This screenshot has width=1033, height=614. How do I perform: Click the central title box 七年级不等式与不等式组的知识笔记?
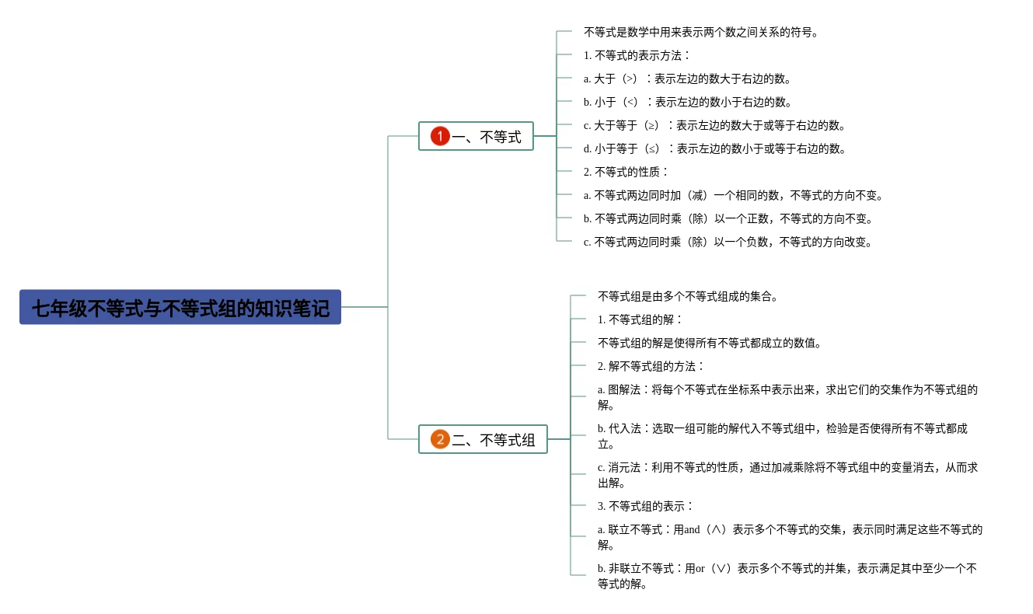click(x=180, y=308)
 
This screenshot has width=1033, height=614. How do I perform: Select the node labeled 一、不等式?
click(x=487, y=137)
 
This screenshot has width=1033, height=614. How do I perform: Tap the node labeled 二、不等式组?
click(x=494, y=440)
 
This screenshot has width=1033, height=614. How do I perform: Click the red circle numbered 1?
click(x=440, y=137)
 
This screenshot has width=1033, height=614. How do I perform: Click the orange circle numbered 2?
click(x=440, y=440)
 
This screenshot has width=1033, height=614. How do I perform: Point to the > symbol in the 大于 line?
click(x=630, y=79)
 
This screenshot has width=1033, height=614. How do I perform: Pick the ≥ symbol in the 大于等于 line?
click(x=651, y=126)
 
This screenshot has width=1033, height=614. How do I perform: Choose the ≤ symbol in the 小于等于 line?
click(x=651, y=149)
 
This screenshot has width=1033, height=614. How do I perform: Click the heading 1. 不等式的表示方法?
click(x=637, y=56)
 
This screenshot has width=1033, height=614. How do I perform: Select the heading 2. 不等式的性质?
click(x=626, y=173)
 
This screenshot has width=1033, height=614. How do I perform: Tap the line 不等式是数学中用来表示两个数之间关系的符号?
click(x=700, y=33)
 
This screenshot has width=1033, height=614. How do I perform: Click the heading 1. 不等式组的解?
click(x=640, y=320)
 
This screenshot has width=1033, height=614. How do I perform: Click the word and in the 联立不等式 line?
click(x=692, y=530)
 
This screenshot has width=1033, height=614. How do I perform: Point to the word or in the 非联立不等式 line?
click(x=700, y=569)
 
